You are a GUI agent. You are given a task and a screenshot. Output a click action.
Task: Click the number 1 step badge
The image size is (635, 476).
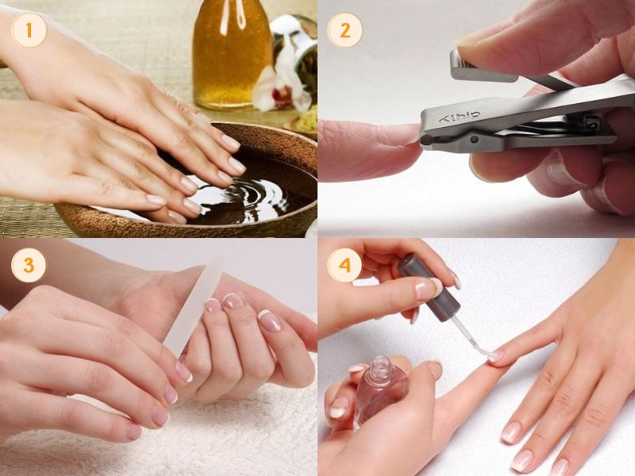point(29,31)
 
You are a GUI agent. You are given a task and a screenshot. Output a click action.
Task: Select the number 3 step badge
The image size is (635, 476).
point(29,265)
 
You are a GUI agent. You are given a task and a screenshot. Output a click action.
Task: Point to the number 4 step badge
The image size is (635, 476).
point(344,265)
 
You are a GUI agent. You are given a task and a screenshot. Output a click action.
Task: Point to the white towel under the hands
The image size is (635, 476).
point(238,436)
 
